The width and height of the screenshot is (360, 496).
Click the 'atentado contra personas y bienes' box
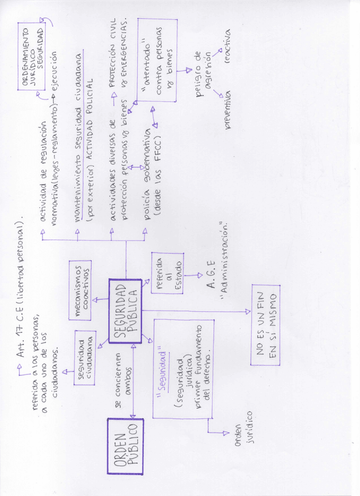[158, 61]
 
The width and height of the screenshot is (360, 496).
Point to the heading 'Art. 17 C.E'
[22, 313]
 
